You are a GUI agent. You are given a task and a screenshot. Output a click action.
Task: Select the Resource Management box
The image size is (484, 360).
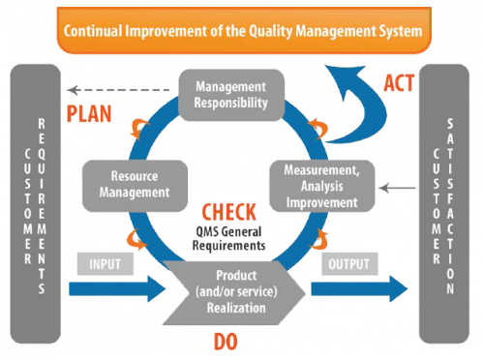[x=132, y=185]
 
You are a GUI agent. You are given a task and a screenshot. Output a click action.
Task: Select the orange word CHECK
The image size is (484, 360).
[x=228, y=211]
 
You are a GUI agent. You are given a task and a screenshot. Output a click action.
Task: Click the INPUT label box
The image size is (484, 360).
[x=106, y=262]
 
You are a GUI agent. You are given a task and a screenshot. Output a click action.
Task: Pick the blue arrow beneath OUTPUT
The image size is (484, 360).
[x=357, y=289]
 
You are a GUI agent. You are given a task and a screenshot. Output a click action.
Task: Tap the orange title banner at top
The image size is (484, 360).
[x=242, y=32]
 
